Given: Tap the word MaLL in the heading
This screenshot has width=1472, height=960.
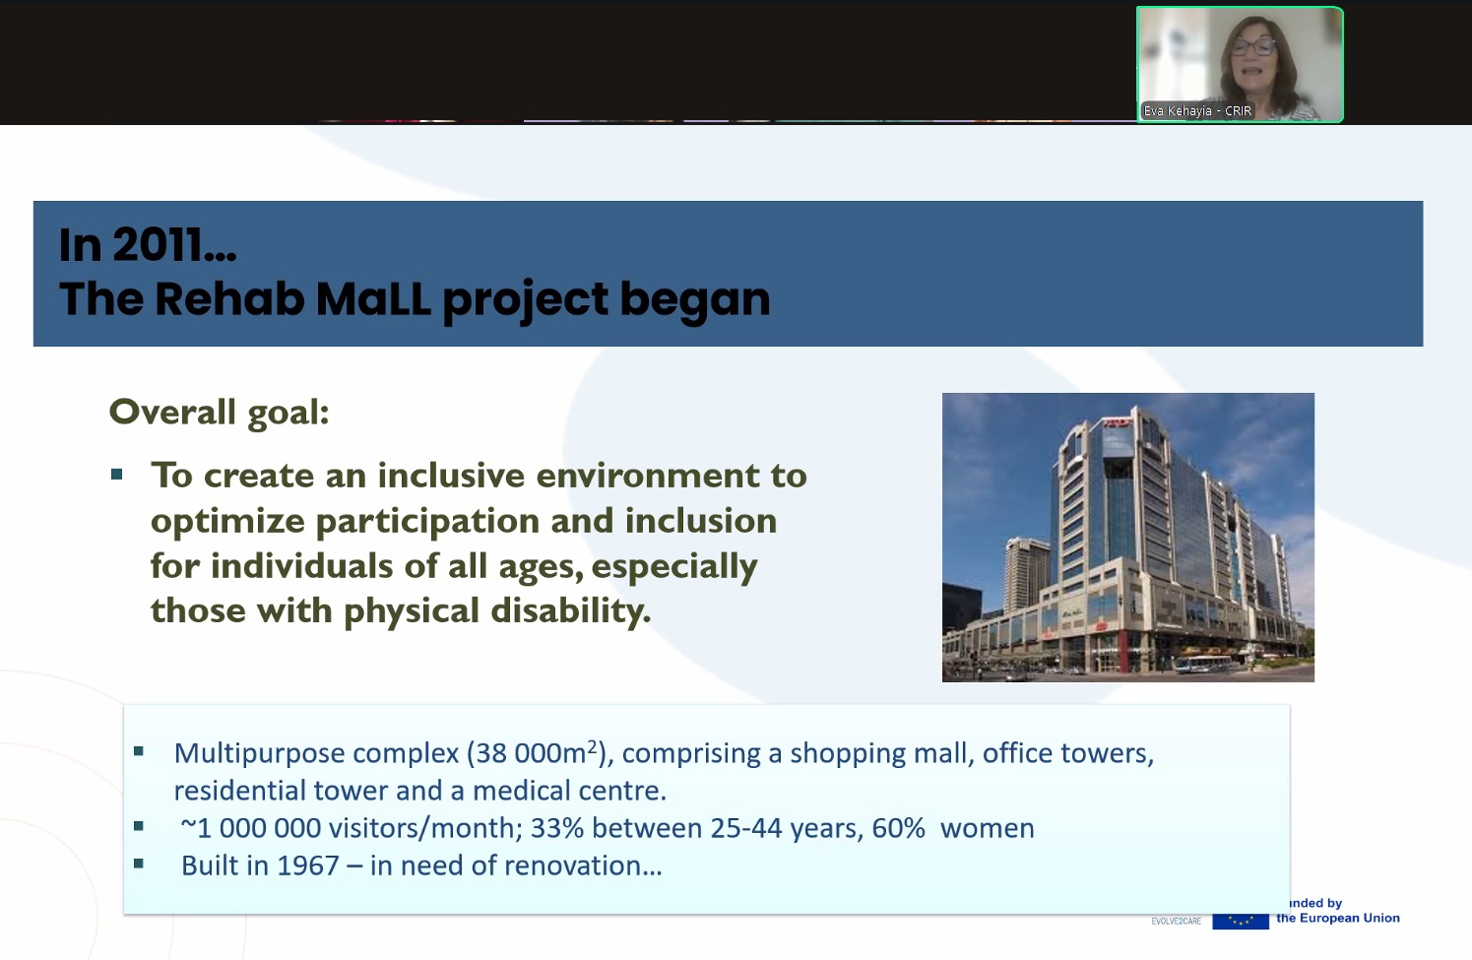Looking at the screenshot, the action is (x=373, y=299).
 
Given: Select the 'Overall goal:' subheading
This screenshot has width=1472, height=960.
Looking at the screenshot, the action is (x=219, y=413).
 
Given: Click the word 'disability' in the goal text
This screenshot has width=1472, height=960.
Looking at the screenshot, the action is (x=570, y=610).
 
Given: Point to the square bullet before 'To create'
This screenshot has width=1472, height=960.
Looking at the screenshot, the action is (x=117, y=475).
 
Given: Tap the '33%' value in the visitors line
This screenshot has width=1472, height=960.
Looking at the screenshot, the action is (x=556, y=828).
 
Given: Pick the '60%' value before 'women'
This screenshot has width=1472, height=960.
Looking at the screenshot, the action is (x=898, y=828).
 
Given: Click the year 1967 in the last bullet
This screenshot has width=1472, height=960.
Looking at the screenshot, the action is (x=307, y=865).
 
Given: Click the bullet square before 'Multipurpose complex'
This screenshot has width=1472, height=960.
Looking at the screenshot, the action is (x=139, y=751).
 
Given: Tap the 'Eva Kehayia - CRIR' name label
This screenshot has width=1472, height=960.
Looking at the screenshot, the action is (x=1197, y=110).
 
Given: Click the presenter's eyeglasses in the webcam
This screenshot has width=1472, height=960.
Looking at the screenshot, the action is (x=1253, y=46).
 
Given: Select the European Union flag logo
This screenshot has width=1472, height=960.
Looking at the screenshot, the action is (x=1241, y=921).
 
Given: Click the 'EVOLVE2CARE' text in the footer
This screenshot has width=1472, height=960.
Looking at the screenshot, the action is (x=1177, y=922).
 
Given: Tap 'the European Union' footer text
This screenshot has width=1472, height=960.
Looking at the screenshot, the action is (x=1338, y=918).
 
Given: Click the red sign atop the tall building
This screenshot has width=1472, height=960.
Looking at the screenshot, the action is (x=1118, y=422).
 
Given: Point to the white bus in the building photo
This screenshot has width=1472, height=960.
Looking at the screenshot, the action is (x=1203, y=665).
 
